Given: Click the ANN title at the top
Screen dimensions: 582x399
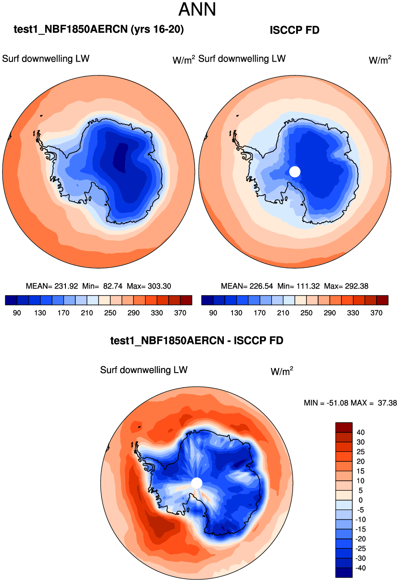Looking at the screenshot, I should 197,9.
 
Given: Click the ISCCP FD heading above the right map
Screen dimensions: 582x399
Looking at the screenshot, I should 294,30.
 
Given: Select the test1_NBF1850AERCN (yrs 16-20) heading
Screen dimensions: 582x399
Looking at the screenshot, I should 99,29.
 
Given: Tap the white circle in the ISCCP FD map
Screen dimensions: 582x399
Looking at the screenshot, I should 294,171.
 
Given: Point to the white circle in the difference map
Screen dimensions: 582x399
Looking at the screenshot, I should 196,483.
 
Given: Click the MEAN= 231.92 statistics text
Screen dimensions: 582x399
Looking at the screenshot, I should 52,286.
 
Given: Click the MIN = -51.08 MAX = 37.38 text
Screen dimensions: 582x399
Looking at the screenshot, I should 350,403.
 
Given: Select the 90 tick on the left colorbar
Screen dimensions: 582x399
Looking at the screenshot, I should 17,313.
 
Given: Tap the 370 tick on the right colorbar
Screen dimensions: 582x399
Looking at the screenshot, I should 376,313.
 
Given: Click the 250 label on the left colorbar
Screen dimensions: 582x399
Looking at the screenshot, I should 110,313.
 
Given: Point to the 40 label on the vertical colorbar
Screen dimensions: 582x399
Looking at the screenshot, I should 360,432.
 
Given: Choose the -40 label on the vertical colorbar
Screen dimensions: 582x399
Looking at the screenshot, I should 360,568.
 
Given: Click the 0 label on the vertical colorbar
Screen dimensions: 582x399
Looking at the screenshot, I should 360,500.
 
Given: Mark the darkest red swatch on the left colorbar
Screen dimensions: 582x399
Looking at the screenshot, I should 186,300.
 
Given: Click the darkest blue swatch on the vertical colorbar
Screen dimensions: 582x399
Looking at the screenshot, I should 344,573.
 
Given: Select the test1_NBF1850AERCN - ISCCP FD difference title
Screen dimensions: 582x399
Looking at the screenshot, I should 197,341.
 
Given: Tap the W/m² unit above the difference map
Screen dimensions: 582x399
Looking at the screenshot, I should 282,371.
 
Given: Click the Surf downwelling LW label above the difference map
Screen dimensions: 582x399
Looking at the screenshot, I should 144,370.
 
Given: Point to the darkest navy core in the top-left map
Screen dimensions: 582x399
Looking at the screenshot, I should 121,157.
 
